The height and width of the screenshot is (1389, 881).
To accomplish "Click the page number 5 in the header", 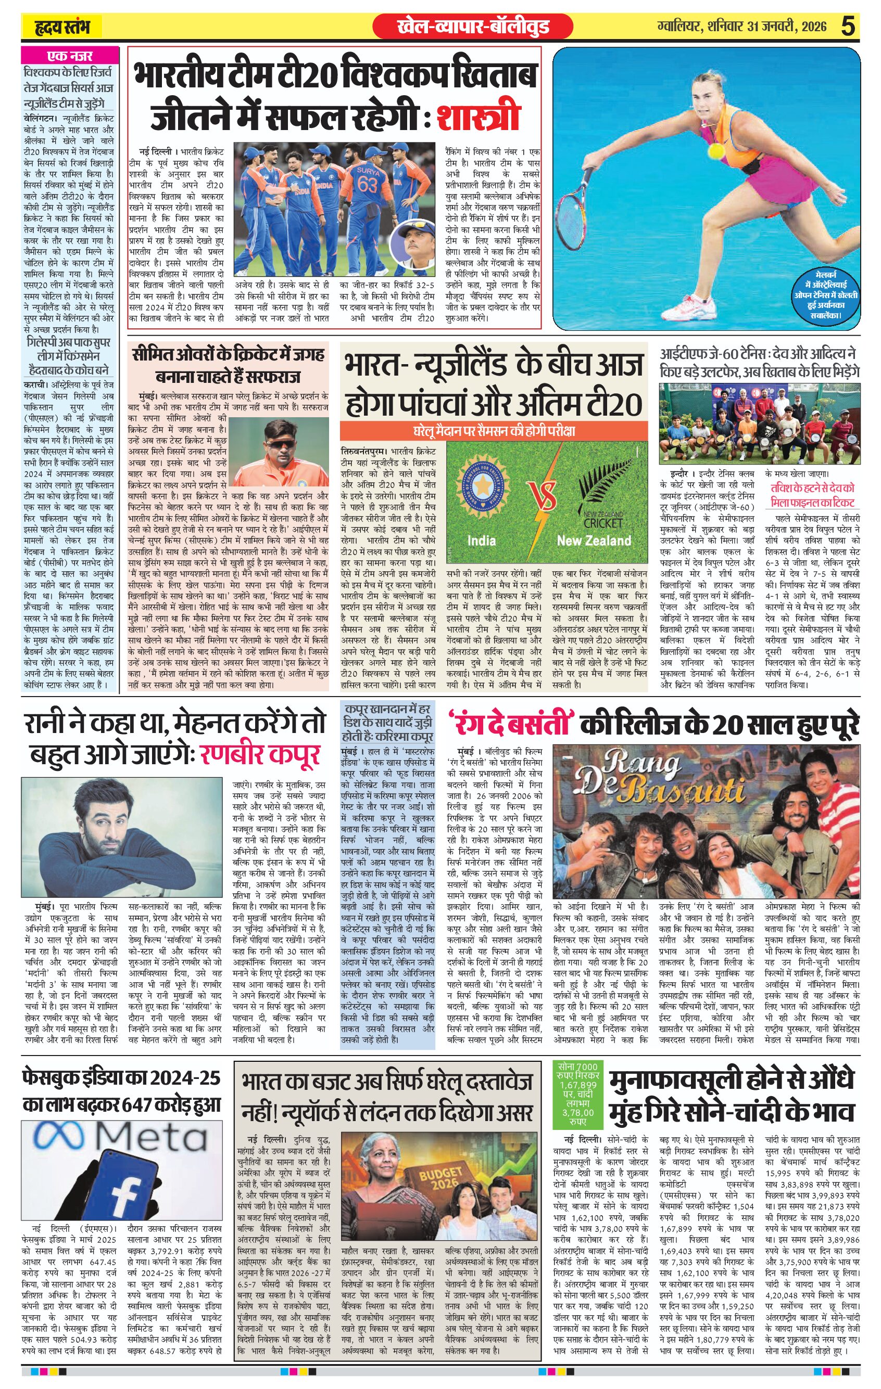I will [848, 27].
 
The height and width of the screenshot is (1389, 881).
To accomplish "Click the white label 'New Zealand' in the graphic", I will [594, 541].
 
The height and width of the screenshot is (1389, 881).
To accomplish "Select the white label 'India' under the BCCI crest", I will [481, 541].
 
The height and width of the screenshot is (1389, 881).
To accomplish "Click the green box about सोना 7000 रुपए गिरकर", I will [577, 1089].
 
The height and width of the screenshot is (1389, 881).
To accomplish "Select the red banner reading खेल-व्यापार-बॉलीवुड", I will [473, 27].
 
